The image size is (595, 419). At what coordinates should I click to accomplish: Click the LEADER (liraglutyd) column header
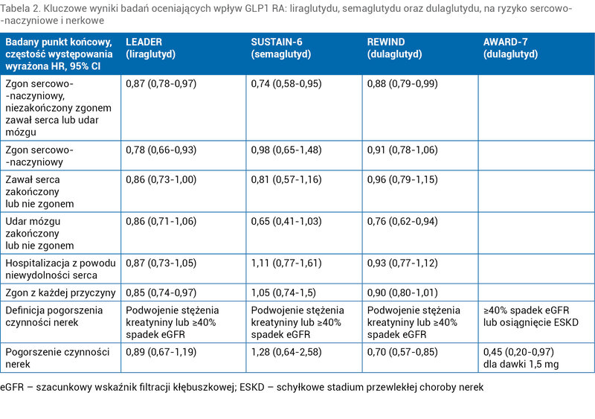click(x=151, y=48)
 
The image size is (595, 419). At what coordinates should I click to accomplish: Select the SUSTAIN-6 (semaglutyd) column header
click(x=281, y=48)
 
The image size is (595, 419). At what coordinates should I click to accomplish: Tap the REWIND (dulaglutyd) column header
click(x=394, y=48)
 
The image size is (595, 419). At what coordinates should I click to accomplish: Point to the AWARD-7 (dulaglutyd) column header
click(x=510, y=48)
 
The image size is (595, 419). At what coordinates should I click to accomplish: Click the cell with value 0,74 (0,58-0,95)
click(x=286, y=83)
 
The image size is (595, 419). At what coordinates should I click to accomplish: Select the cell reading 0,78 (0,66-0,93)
click(x=161, y=150)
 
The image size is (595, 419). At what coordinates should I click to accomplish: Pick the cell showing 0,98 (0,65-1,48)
click(x=286, y=150)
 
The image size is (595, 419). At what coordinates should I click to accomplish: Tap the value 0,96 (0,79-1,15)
click(x=402, y=179)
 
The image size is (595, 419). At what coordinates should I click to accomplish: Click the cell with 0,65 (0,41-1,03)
click(x=286, y=221)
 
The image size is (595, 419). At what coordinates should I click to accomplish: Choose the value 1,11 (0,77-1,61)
click(x=286, y=263)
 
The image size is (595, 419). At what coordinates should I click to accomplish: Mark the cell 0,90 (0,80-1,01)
click(x=402, y=292)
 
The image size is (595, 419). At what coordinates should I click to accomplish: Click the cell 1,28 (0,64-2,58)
click(x=286, y=352)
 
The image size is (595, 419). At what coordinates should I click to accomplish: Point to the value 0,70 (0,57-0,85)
click(x=402, y=352)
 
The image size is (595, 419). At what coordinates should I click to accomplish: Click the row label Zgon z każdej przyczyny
click(x=60, y=293)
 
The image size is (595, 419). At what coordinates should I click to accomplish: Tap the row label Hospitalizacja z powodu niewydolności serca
click(x=60, y=269)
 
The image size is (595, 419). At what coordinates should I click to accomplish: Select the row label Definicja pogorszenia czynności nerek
click(x=54, y=316)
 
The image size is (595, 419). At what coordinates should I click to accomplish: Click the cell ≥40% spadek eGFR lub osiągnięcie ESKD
click(x=530, y=316)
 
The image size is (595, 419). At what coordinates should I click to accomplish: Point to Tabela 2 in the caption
click(x=20, y=8)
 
